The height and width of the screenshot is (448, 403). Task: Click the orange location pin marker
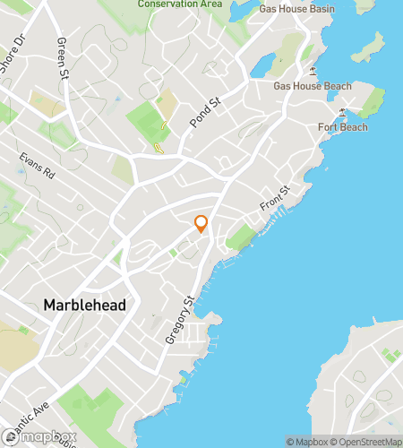click(x=201, y=224)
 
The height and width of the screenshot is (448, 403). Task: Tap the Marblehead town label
click(x=84, y=306)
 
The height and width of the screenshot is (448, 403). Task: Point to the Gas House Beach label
click(x=313, y=87)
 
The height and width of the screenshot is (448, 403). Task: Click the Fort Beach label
click(x=342, y=127)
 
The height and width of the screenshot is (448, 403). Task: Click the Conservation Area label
click(x=180, y=4)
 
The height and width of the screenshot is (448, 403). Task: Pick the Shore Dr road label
click(x=16, y=59)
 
